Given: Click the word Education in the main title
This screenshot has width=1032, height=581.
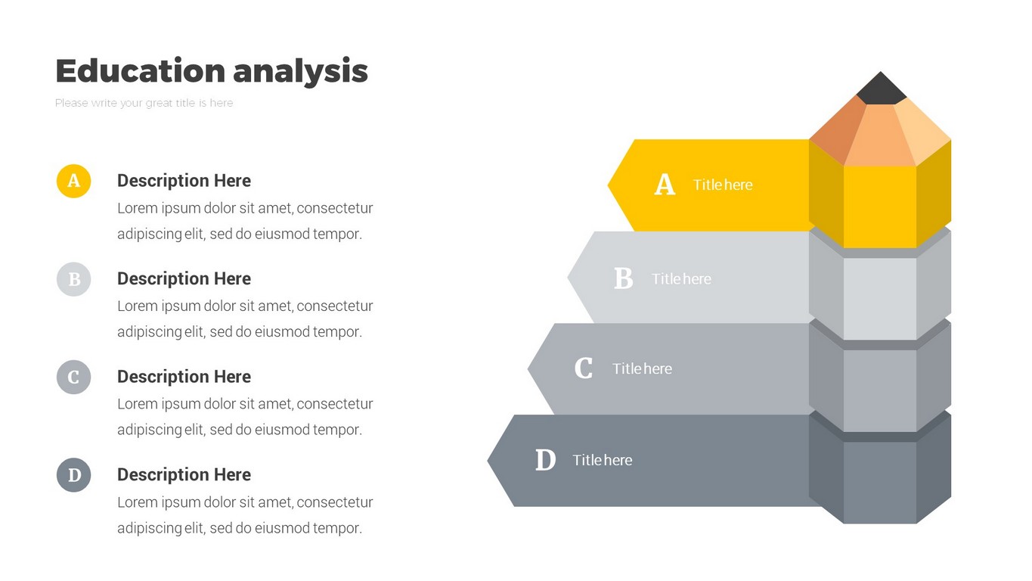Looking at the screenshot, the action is point(141,70).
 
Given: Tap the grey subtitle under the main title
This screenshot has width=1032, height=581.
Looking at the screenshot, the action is point(144,103).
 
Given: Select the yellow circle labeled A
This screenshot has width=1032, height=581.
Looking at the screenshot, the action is point(74,181).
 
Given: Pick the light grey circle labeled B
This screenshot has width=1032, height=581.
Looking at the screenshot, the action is point(74,279).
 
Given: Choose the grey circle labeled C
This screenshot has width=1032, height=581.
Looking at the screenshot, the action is point(74,377).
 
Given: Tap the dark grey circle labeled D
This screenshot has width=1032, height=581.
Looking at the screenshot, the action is point(74,475).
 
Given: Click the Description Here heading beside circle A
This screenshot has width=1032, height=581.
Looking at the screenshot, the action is point(184,180).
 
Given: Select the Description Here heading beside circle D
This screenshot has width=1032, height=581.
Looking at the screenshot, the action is point(184,474).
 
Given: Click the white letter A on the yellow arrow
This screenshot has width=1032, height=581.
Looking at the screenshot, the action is point(665,185).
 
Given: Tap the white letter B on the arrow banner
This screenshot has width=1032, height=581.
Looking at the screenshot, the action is point(624,278).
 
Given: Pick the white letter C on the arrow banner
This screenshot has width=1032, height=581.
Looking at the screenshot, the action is point(584,368).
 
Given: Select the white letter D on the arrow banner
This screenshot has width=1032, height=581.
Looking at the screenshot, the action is point(546,460).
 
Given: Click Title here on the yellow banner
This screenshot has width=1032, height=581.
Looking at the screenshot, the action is point(723,185).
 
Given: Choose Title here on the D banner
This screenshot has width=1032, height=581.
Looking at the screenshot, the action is point(602,460).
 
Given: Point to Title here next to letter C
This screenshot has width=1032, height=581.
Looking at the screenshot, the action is point(642,369).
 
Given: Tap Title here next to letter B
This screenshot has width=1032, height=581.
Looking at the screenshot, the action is point(681,279).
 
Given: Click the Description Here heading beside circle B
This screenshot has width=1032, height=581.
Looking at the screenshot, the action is point(184,278).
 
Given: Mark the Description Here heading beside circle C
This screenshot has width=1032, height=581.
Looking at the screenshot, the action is point(184,376).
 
